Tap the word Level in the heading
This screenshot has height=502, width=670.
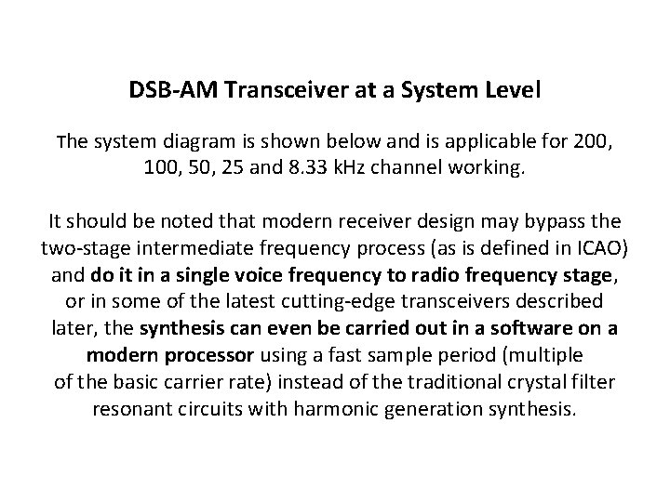[512, 93]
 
